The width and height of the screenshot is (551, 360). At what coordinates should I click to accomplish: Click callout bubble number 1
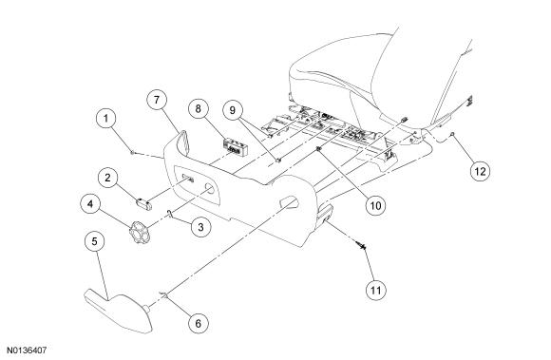105,119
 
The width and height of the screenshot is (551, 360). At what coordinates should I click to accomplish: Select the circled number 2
108,178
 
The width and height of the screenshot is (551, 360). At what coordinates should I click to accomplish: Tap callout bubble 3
200,227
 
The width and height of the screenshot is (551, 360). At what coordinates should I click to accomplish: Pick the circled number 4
90,203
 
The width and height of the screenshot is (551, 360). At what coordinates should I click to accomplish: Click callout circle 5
95,241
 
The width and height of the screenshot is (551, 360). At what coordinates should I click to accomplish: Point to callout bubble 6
199,323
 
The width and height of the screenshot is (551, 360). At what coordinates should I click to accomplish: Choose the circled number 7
157,100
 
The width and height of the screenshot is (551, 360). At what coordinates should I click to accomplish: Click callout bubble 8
199,108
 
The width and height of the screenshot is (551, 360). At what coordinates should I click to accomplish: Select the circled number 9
233,110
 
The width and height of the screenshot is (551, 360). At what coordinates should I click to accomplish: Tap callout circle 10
375,205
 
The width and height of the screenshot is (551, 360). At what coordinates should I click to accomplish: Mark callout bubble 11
375,291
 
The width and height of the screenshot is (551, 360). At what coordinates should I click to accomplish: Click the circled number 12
480,171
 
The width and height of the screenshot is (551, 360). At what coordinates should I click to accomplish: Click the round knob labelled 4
139,232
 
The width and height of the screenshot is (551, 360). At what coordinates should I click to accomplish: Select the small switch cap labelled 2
144,204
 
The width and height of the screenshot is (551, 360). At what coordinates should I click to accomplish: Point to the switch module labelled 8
236,147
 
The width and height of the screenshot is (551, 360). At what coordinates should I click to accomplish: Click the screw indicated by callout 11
361,245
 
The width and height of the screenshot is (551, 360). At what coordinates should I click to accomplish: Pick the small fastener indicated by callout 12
453,134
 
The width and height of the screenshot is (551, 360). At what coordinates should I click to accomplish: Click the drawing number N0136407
27,351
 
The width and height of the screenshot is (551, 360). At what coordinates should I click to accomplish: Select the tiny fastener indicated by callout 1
132,152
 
